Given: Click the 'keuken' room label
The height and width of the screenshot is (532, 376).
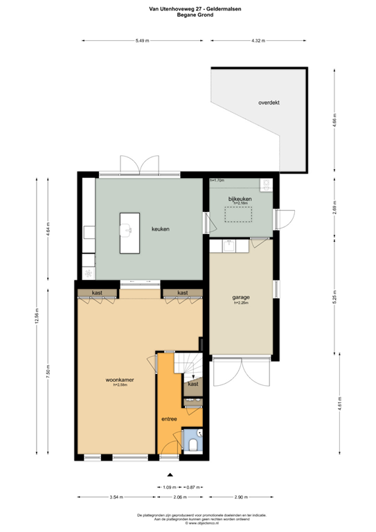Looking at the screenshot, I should click(161, 229).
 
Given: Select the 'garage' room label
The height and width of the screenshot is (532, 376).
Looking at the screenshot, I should click(240, 297).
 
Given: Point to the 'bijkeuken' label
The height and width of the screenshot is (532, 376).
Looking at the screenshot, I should click(240, 199).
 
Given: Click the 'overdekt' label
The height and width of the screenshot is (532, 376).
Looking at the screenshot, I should click(269, 103).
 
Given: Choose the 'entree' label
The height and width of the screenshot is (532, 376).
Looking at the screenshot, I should click(169, 419).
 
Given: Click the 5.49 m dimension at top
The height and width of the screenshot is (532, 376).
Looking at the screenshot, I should click(143, 40).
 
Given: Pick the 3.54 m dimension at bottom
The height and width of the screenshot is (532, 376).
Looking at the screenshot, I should click(116, 497).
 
